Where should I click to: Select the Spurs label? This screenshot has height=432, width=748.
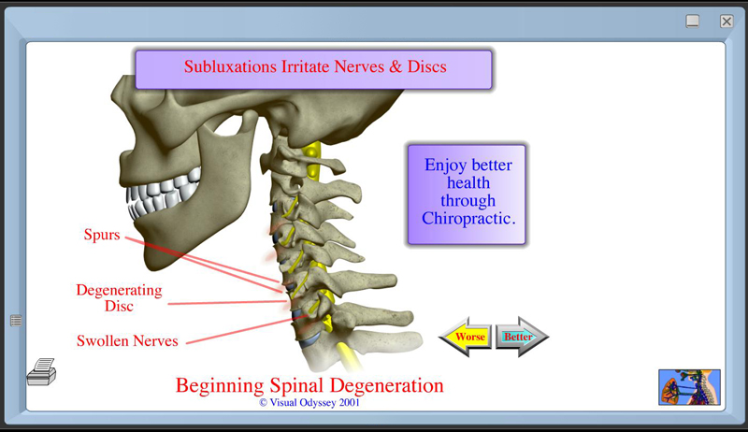click(x=102, y=235)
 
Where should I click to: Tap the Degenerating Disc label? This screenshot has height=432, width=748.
click(x=119, y=298)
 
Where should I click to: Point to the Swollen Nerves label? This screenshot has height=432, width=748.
click(x=127, y=341)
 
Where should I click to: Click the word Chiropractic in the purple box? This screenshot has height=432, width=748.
click(x=468, y=219)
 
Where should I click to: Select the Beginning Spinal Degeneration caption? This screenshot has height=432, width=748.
click(x=309, y=385)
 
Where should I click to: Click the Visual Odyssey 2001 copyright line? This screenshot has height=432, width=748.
click(x=309, y=402)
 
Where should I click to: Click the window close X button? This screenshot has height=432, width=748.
click(x=726, y=21)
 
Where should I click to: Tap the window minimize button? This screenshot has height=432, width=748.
click(x=693, y=21)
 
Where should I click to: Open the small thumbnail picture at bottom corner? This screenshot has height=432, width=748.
click(x=689, y=386)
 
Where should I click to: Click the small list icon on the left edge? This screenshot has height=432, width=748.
click(x=16, y=321)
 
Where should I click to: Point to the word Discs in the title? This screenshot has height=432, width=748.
click(x=425, y=66)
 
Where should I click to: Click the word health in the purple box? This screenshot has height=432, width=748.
click(x=467, y=183)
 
